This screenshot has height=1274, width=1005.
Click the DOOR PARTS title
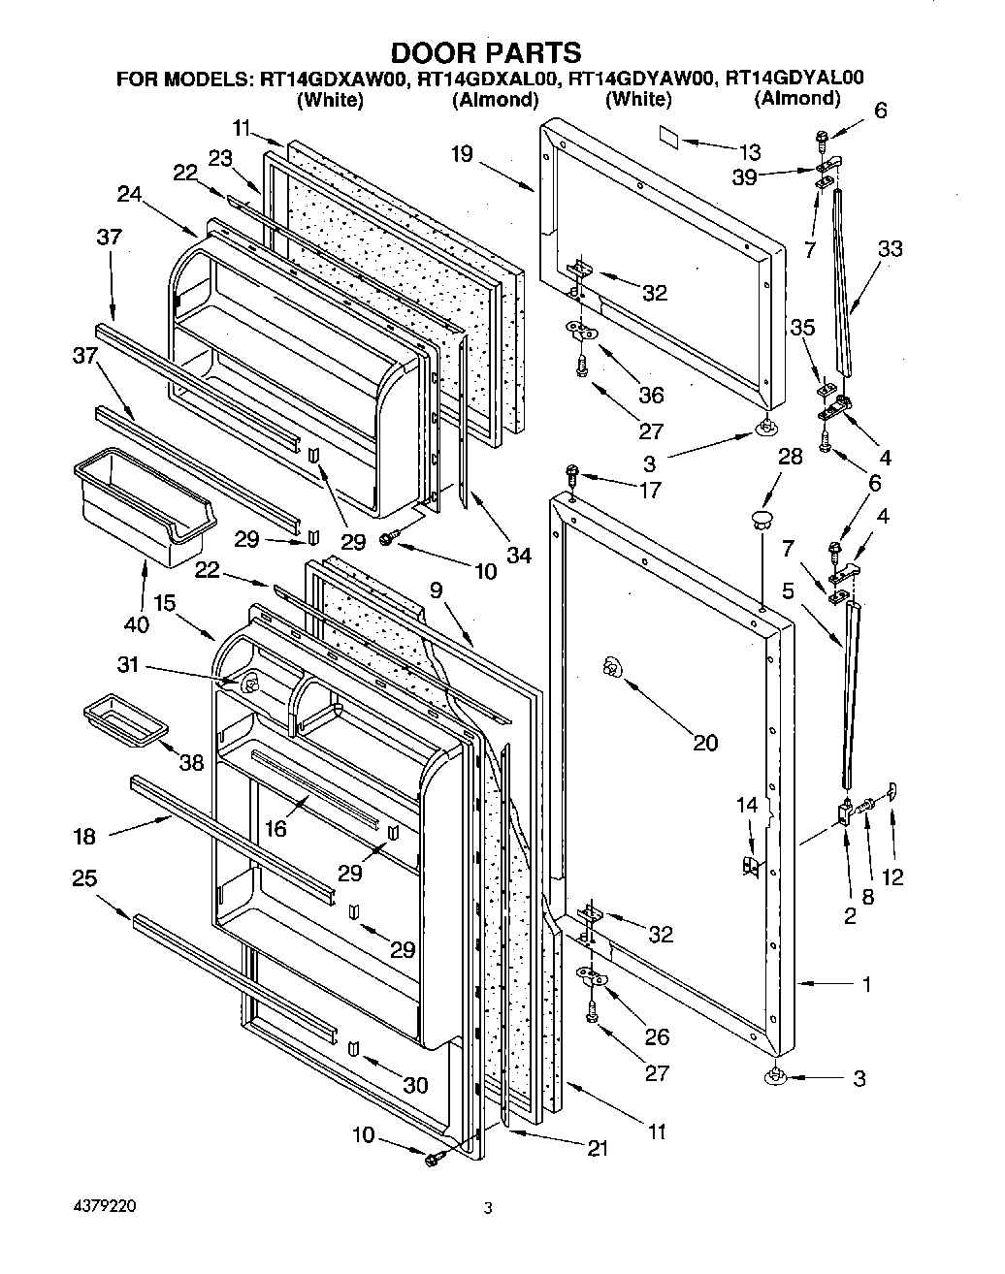click(486, 51)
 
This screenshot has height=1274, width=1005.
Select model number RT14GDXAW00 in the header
click(333, 80)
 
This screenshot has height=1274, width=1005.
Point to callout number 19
click(461, 154)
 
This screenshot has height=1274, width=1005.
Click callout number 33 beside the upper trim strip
click(889, 248)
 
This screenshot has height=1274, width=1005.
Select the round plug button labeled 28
click(762, 513)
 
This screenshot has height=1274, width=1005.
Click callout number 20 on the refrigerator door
click(705, 743)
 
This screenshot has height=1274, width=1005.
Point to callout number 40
click(136, 624)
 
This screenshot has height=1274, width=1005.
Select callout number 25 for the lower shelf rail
click(84, 877)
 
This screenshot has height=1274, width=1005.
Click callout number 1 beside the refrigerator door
click(866, 985)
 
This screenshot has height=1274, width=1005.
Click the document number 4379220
click(104, 1208)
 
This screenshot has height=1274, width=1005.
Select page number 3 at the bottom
click(489, 1208)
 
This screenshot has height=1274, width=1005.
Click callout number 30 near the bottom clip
click(414, 1086)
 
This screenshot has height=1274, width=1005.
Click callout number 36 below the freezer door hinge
click(651, 395)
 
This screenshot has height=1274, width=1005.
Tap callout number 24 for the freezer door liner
click(129, 194)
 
